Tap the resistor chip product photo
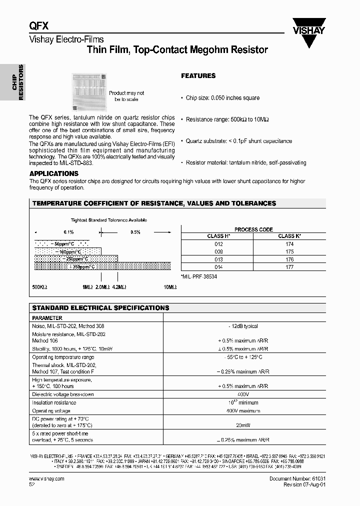90,91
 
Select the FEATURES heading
198,76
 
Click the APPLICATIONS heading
53,173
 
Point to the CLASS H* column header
218,236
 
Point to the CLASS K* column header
289,236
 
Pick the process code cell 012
218,244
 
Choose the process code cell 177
289,267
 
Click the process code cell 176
289,259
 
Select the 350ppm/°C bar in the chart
102,266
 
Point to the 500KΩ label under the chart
39,287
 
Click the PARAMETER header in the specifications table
47,318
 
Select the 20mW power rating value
244,425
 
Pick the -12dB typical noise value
244,326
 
